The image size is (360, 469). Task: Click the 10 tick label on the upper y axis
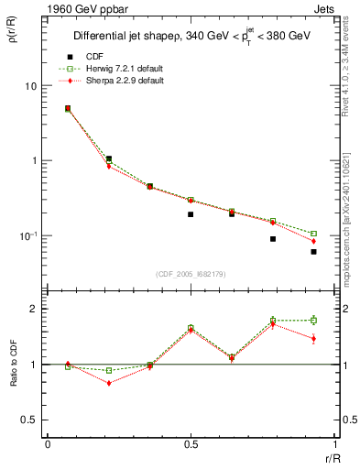click(29, 86)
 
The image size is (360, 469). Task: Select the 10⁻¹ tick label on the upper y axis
click(27, 235)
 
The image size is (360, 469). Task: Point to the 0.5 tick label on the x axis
click(191, 444)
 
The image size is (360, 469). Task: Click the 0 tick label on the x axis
click(48, 444)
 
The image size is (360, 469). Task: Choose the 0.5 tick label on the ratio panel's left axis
click(29, 420)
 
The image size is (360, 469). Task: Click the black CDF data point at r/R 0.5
click(191, 214)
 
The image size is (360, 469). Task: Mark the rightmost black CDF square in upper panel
click(313, 251)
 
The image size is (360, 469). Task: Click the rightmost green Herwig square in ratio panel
click(313, 320)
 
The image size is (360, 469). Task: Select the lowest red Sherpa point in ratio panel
click(109, 383)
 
